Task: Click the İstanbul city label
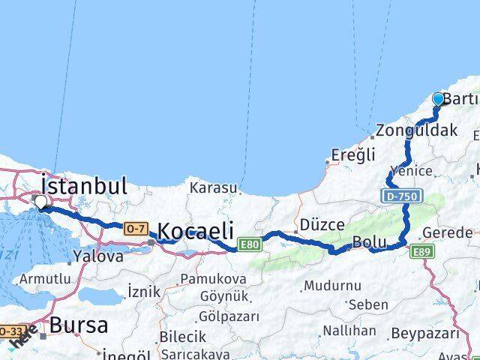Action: coord(84,185)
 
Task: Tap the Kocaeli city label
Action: coord(195,230)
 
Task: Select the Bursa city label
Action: coord(79,325)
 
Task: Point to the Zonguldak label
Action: coord(417,130)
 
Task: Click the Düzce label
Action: coord(322,224)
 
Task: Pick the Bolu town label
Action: coord(370,243)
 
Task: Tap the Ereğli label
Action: coord(353,156)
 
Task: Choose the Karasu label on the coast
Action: coord(213,187)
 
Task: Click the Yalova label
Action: coord(98,256)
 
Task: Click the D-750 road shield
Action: coord(402,196)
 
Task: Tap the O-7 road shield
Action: coord(136,228)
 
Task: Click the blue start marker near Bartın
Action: coord(438,99)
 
